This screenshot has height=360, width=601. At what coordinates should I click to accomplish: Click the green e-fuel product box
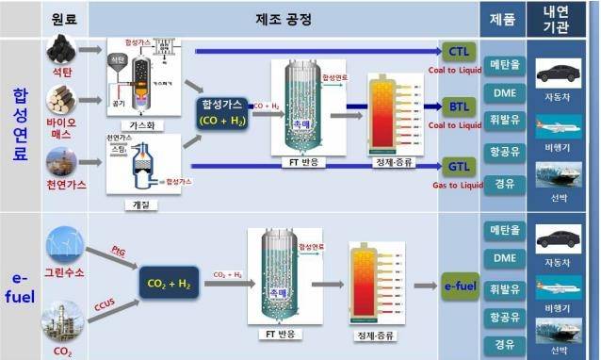pos(462,285)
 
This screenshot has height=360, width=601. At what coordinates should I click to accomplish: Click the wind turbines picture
pos(65,243)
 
